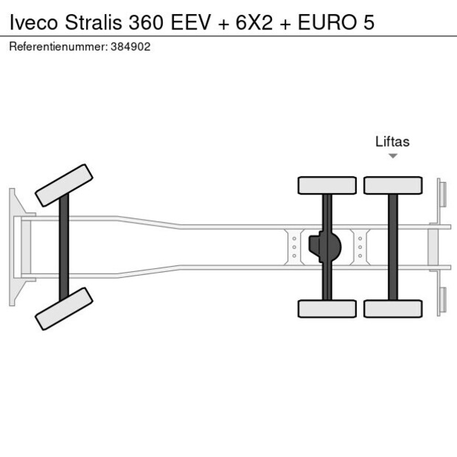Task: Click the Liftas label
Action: [x=392, y=142]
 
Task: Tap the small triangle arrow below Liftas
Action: [x=393, y=156]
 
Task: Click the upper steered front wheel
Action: [x=64, y=185]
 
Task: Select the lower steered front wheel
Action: [x=64, y=308]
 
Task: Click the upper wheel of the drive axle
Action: [x=327, y=185]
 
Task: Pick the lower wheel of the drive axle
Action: [x=327, y=308]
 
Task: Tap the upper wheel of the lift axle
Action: [x=393, y=185]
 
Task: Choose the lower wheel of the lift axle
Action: [x=393, y=308]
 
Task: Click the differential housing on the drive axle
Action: [x=324, y=247]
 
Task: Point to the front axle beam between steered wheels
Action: [x=64, y=247]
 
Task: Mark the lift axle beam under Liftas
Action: [x=393, y=247]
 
